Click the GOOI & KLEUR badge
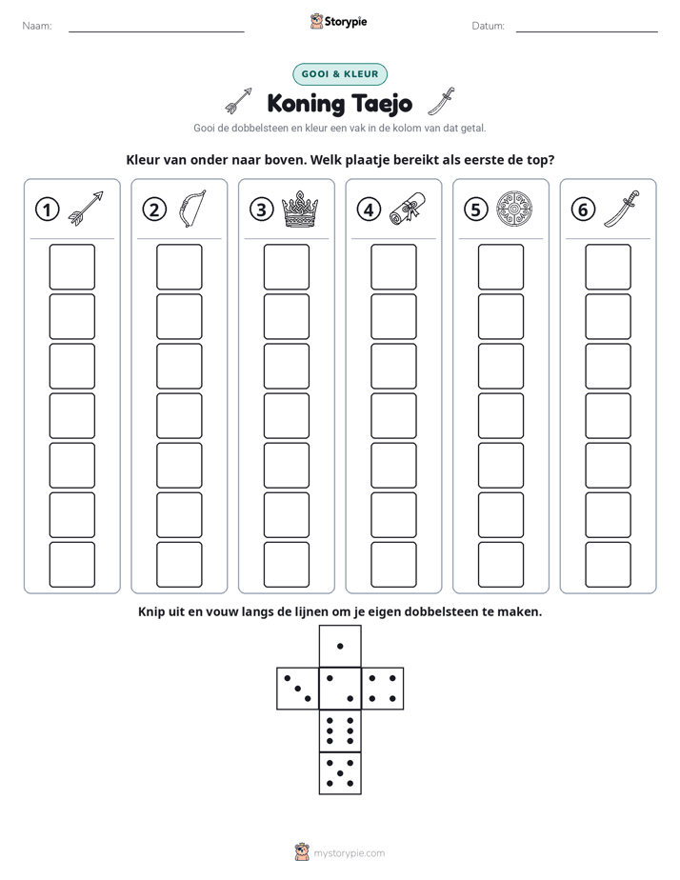pyautogui.click(x=339, y=74)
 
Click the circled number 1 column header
pyautogui.click(x=47, y=210)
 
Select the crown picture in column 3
pyautogui.click(x=300, y=209)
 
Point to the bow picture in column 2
pyautogui.click(x=192, y=209)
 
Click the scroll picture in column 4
pyautogui.click(x=408, y=209)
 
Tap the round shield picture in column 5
pyautogui.click(x=514, y=209)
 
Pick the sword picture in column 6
pyautogui.click(x=622, y=209)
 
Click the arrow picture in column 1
pyautogui.click(x=86, y=209)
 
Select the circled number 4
pyautogui.click(x=369, y=210)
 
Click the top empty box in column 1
pyautogui.click(x=71, y=267)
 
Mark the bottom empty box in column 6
pyautogui.click(x=608, y=565)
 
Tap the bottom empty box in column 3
pyautogui.click(x=286, y=565)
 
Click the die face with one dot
pyautogui.click(x=340, y=646)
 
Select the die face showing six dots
pyautogui.click(x=340, y=730)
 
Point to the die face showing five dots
pyautogui.click(x=340, y=773)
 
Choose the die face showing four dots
pyautogui.click(x=383, y=688)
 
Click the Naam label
pyautogui.click(x=37, y=26)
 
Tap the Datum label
pyautogui.click(x=489, y=26)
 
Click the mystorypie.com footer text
pyautogui.click(x=349, y=853)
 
